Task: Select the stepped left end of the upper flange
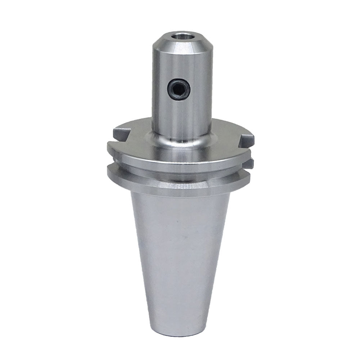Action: click(x=110, y=148)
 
